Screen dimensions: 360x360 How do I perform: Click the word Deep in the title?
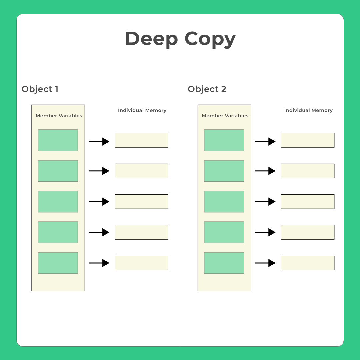151,39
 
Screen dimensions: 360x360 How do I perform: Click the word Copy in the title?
210,39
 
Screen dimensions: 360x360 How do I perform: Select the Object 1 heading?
40,89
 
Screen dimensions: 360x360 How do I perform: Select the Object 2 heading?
207,89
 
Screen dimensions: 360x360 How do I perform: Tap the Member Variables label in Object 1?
59,116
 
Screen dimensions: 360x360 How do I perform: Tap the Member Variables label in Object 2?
225,116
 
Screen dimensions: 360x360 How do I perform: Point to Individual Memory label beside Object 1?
142,110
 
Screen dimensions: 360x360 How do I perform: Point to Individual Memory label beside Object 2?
308,110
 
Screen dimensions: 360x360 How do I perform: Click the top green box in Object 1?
58,140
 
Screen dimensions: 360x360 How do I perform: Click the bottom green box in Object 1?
58,263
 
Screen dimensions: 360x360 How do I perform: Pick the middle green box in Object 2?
224,202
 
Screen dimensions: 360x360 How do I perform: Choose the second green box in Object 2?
224,171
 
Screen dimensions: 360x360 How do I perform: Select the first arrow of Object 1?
99,142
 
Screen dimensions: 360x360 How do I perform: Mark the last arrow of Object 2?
265,263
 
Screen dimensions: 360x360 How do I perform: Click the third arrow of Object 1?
99,202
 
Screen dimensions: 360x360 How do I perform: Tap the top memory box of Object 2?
308,140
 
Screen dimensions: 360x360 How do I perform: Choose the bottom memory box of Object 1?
142,263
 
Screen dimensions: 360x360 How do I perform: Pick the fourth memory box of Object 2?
308,232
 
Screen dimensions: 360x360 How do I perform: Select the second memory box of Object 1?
142,171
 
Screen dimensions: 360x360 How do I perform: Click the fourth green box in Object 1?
58,232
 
